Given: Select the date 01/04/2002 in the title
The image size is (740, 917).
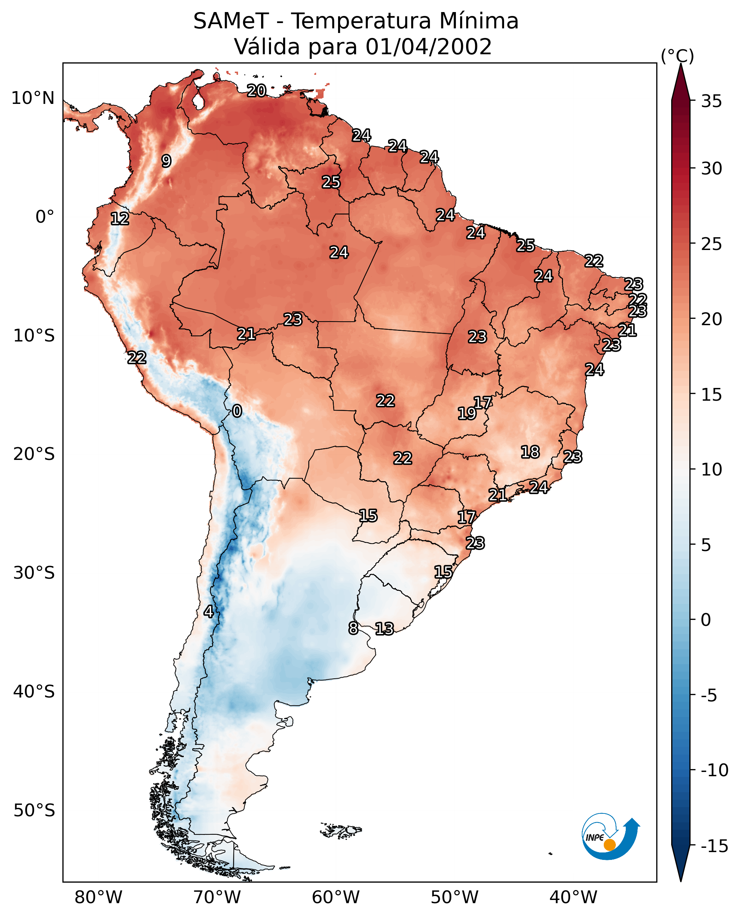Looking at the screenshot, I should coord(429,47).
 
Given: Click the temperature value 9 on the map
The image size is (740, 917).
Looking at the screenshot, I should coord(166,161).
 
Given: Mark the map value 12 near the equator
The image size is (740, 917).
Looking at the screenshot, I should coord(120,218).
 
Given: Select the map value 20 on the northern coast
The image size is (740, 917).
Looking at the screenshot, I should coord(256,90).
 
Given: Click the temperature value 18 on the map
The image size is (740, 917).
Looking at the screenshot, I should coord(530,452).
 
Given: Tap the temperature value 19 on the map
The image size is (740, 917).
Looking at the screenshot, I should coord(467,413).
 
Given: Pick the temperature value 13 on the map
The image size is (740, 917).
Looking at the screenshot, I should coord(384,628).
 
